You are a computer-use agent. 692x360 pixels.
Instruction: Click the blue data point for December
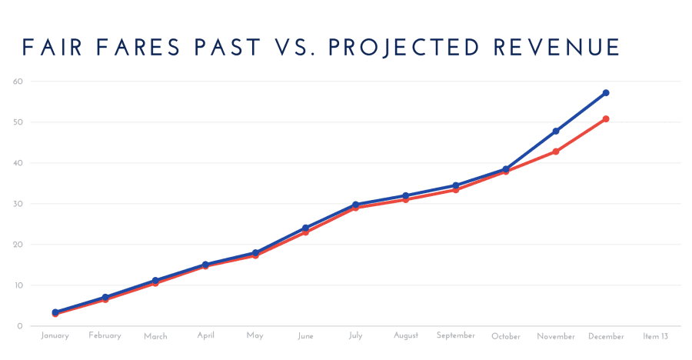(x=606, y=93)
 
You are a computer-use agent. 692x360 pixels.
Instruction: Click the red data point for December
(x=606, y=118)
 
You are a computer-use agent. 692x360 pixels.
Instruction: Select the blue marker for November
(x=556, y=132)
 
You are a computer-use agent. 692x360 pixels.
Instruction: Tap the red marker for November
(x=556, y=152)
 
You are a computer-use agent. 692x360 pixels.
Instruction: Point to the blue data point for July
(x=355, y=205)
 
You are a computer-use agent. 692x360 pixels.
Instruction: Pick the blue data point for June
(x=305, y=228)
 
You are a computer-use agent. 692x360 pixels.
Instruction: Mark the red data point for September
(x=456, y=189)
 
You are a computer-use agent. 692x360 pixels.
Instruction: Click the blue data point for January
(x=55, y=312)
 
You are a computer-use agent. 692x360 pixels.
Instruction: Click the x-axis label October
(x=506, y=336)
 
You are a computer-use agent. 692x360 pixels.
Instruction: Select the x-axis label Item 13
(x=656, y=336)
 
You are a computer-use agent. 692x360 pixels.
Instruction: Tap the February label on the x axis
(x=105, y=336)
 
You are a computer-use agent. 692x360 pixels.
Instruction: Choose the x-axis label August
(x=405, y=336)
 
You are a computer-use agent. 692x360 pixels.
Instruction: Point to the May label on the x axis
(x=255, y=336)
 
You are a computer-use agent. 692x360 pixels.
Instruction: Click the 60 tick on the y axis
(x=18, y=82)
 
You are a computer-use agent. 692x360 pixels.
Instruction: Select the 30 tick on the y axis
(x=18, y=204)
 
